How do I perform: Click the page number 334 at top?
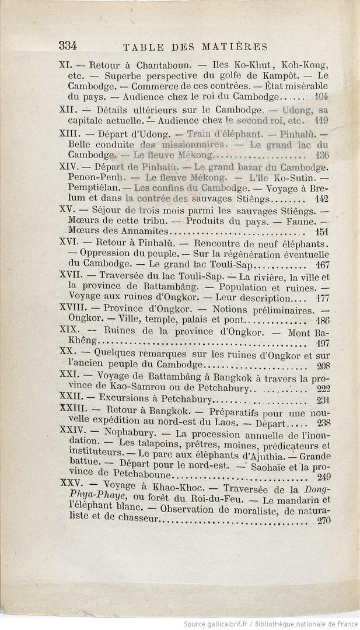tap(68, 46)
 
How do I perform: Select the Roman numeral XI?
tap(65, 65)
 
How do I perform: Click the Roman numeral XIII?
tap(68, 134)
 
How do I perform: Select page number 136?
tap(321, 155)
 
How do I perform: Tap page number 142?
tap(321, 198)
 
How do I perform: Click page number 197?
tap(323, 343)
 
